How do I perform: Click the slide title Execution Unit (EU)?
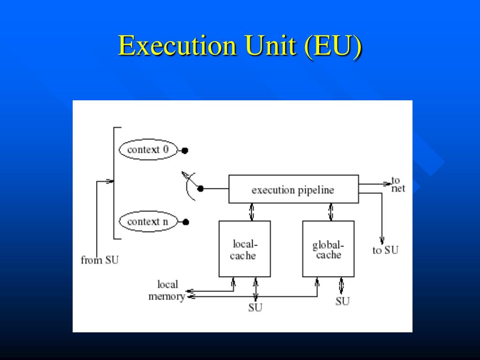pos(240,46)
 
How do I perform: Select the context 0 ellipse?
pos(148,150)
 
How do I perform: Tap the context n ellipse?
pos(148,222)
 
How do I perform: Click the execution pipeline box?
pos(293,189)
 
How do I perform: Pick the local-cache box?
pos(244,249)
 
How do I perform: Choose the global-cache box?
pos(328,249)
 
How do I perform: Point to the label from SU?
pos(99,260)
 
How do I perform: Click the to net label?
pos(397,185)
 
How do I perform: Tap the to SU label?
pos(385,250)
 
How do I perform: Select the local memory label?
pos(167,290)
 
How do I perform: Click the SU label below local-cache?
pos(255,307)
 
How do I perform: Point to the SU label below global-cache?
pos(342,301)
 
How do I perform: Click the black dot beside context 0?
pos(185,150)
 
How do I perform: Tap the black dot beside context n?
pos(186,222)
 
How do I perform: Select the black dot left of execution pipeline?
pos(201,189)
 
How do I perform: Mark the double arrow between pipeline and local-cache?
pos(252,212)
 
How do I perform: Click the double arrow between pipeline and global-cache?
pos(331,212)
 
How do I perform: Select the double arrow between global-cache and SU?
pos(341,285)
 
